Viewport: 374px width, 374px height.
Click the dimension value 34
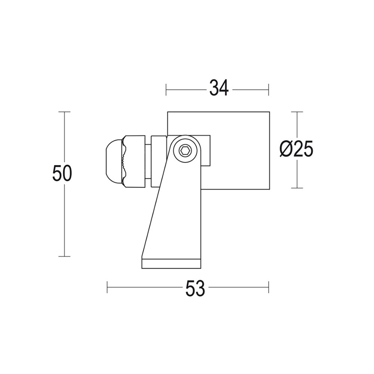[x=219, y=89]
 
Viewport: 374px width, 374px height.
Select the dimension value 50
[x=62, y=174]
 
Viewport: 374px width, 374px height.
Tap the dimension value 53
[x=195, y=288]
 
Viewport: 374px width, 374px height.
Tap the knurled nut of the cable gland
[x=134, y=161]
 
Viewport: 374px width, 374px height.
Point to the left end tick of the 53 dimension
[x=107, y=287]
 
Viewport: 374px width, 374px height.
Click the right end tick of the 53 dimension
[x=269, y=287]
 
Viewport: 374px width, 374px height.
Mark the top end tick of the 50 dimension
[x=65, y=112]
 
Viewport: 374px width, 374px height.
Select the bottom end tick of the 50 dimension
[x=65, y=256]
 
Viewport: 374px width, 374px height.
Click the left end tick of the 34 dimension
[x=166, y=90]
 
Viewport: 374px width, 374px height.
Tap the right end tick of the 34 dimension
[x=269, y=90]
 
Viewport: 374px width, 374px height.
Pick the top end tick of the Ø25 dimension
[x=297, y=112]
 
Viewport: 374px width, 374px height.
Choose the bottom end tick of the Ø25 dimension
[x=297, y=188]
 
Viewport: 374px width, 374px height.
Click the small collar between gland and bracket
[x=158, y=161]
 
